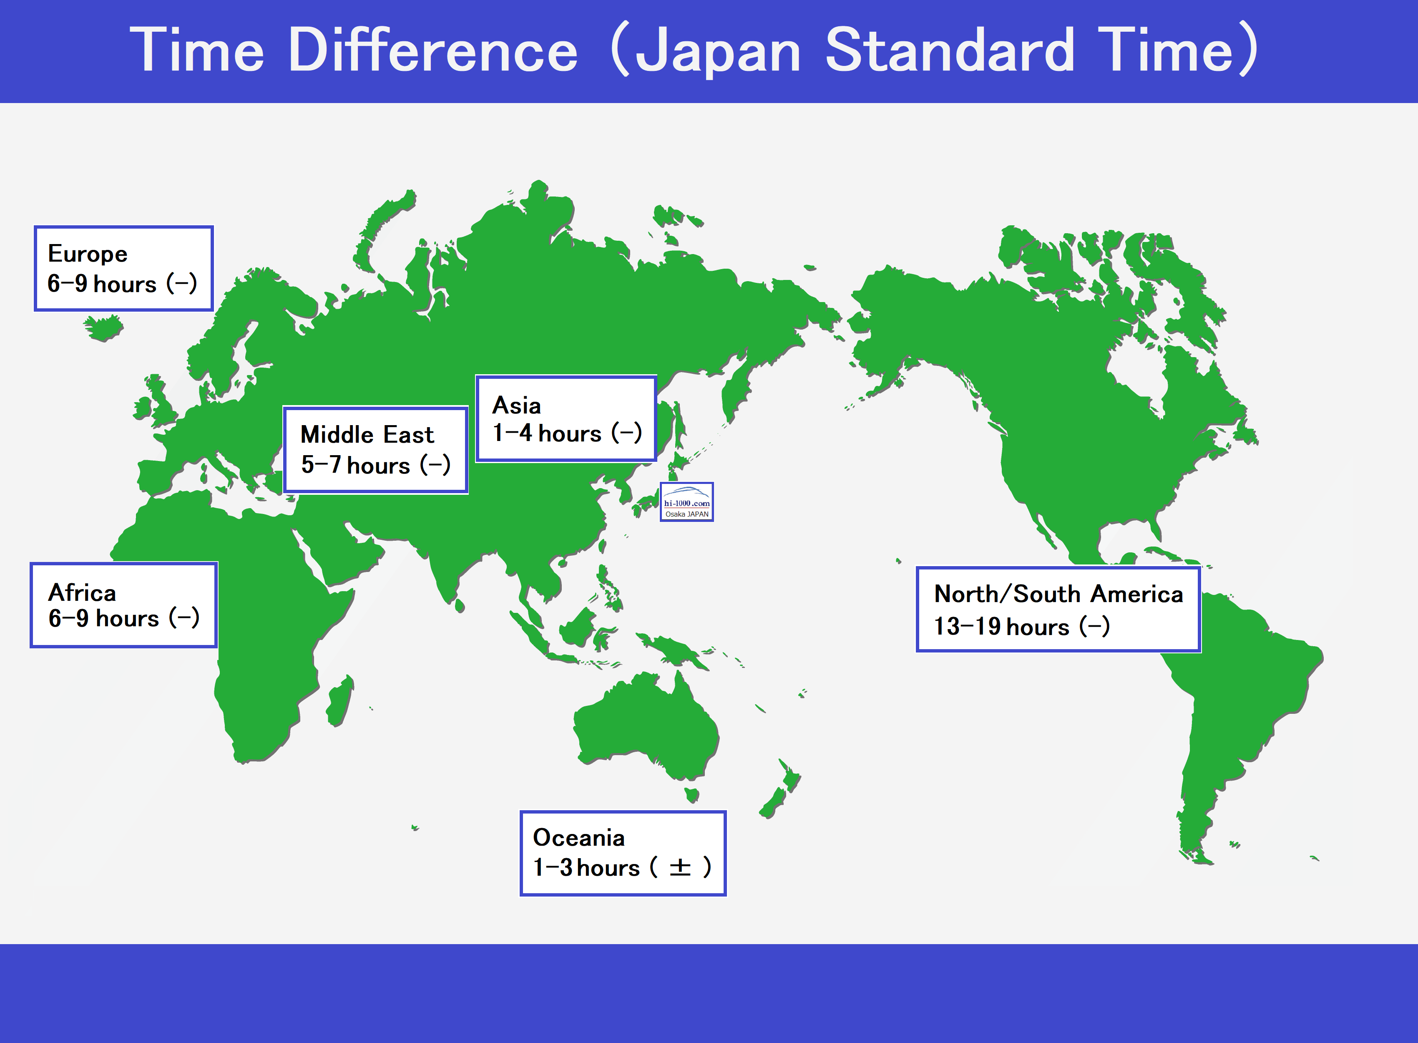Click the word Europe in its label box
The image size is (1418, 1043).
pos(88,254)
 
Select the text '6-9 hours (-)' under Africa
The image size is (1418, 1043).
pos(124,618)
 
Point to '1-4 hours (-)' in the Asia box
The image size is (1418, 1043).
pos(567,433)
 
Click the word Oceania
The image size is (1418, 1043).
pos(579,837)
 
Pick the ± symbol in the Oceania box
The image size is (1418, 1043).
pos(680,867)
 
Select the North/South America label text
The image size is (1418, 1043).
pos(1058,594)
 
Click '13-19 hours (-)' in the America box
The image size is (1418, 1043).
pos(1022,626)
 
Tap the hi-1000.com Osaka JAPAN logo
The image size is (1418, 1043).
pos(686,502)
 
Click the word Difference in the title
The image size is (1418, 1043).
pos(433,50)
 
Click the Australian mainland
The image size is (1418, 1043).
pos(647,726)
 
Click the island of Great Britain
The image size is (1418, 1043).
pos(161,401)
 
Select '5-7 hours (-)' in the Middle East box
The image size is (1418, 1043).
pos(375,465)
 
